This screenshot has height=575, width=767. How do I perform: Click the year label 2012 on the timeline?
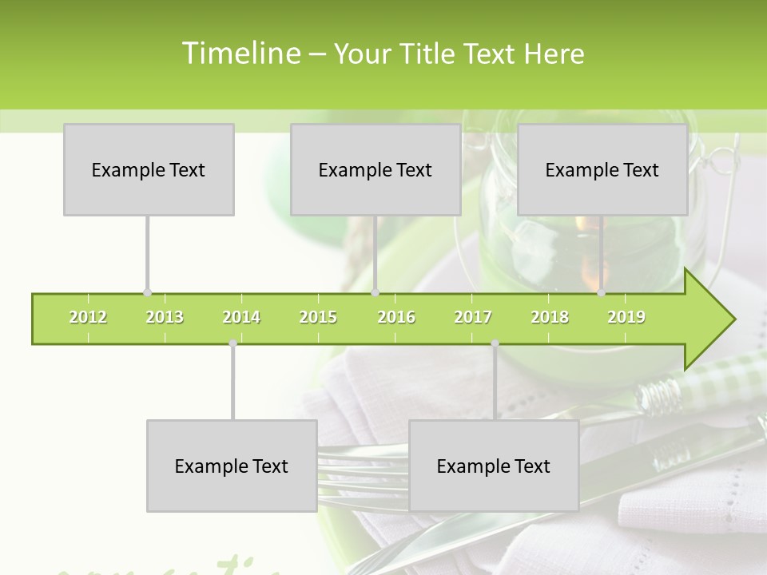(x=88, y=317)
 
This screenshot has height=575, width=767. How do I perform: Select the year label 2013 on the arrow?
(x=165, y=317)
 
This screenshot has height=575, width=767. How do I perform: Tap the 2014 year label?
(x=241, y=317)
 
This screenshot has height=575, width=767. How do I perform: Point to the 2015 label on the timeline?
(x=318, y=317)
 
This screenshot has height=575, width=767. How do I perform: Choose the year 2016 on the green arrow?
(x=396, y=317)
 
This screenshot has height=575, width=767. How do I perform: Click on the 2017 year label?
(x=473, y=317)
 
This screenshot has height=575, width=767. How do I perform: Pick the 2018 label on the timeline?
(x=550, y=317)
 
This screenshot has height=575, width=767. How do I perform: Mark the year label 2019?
(x=626, y=317)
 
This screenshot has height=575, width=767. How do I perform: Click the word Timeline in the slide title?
(x=240, y=54)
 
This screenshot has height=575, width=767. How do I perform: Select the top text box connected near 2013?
(x=149, y=169)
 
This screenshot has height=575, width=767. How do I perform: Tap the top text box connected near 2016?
(x=376, y=169)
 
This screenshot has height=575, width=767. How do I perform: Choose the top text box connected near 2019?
(x=602, y=169)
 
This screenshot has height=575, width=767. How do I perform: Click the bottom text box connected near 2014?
(x=232, y=466)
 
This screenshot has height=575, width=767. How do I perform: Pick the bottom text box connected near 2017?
(x=494, y=466)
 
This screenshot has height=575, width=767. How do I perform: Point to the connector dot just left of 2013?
(x=147, y=293)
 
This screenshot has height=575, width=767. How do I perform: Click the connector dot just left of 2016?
(x=376, y=293)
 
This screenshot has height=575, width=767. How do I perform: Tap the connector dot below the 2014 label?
(x=232, y=343)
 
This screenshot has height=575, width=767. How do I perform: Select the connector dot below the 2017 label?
(x=495, y=343)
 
